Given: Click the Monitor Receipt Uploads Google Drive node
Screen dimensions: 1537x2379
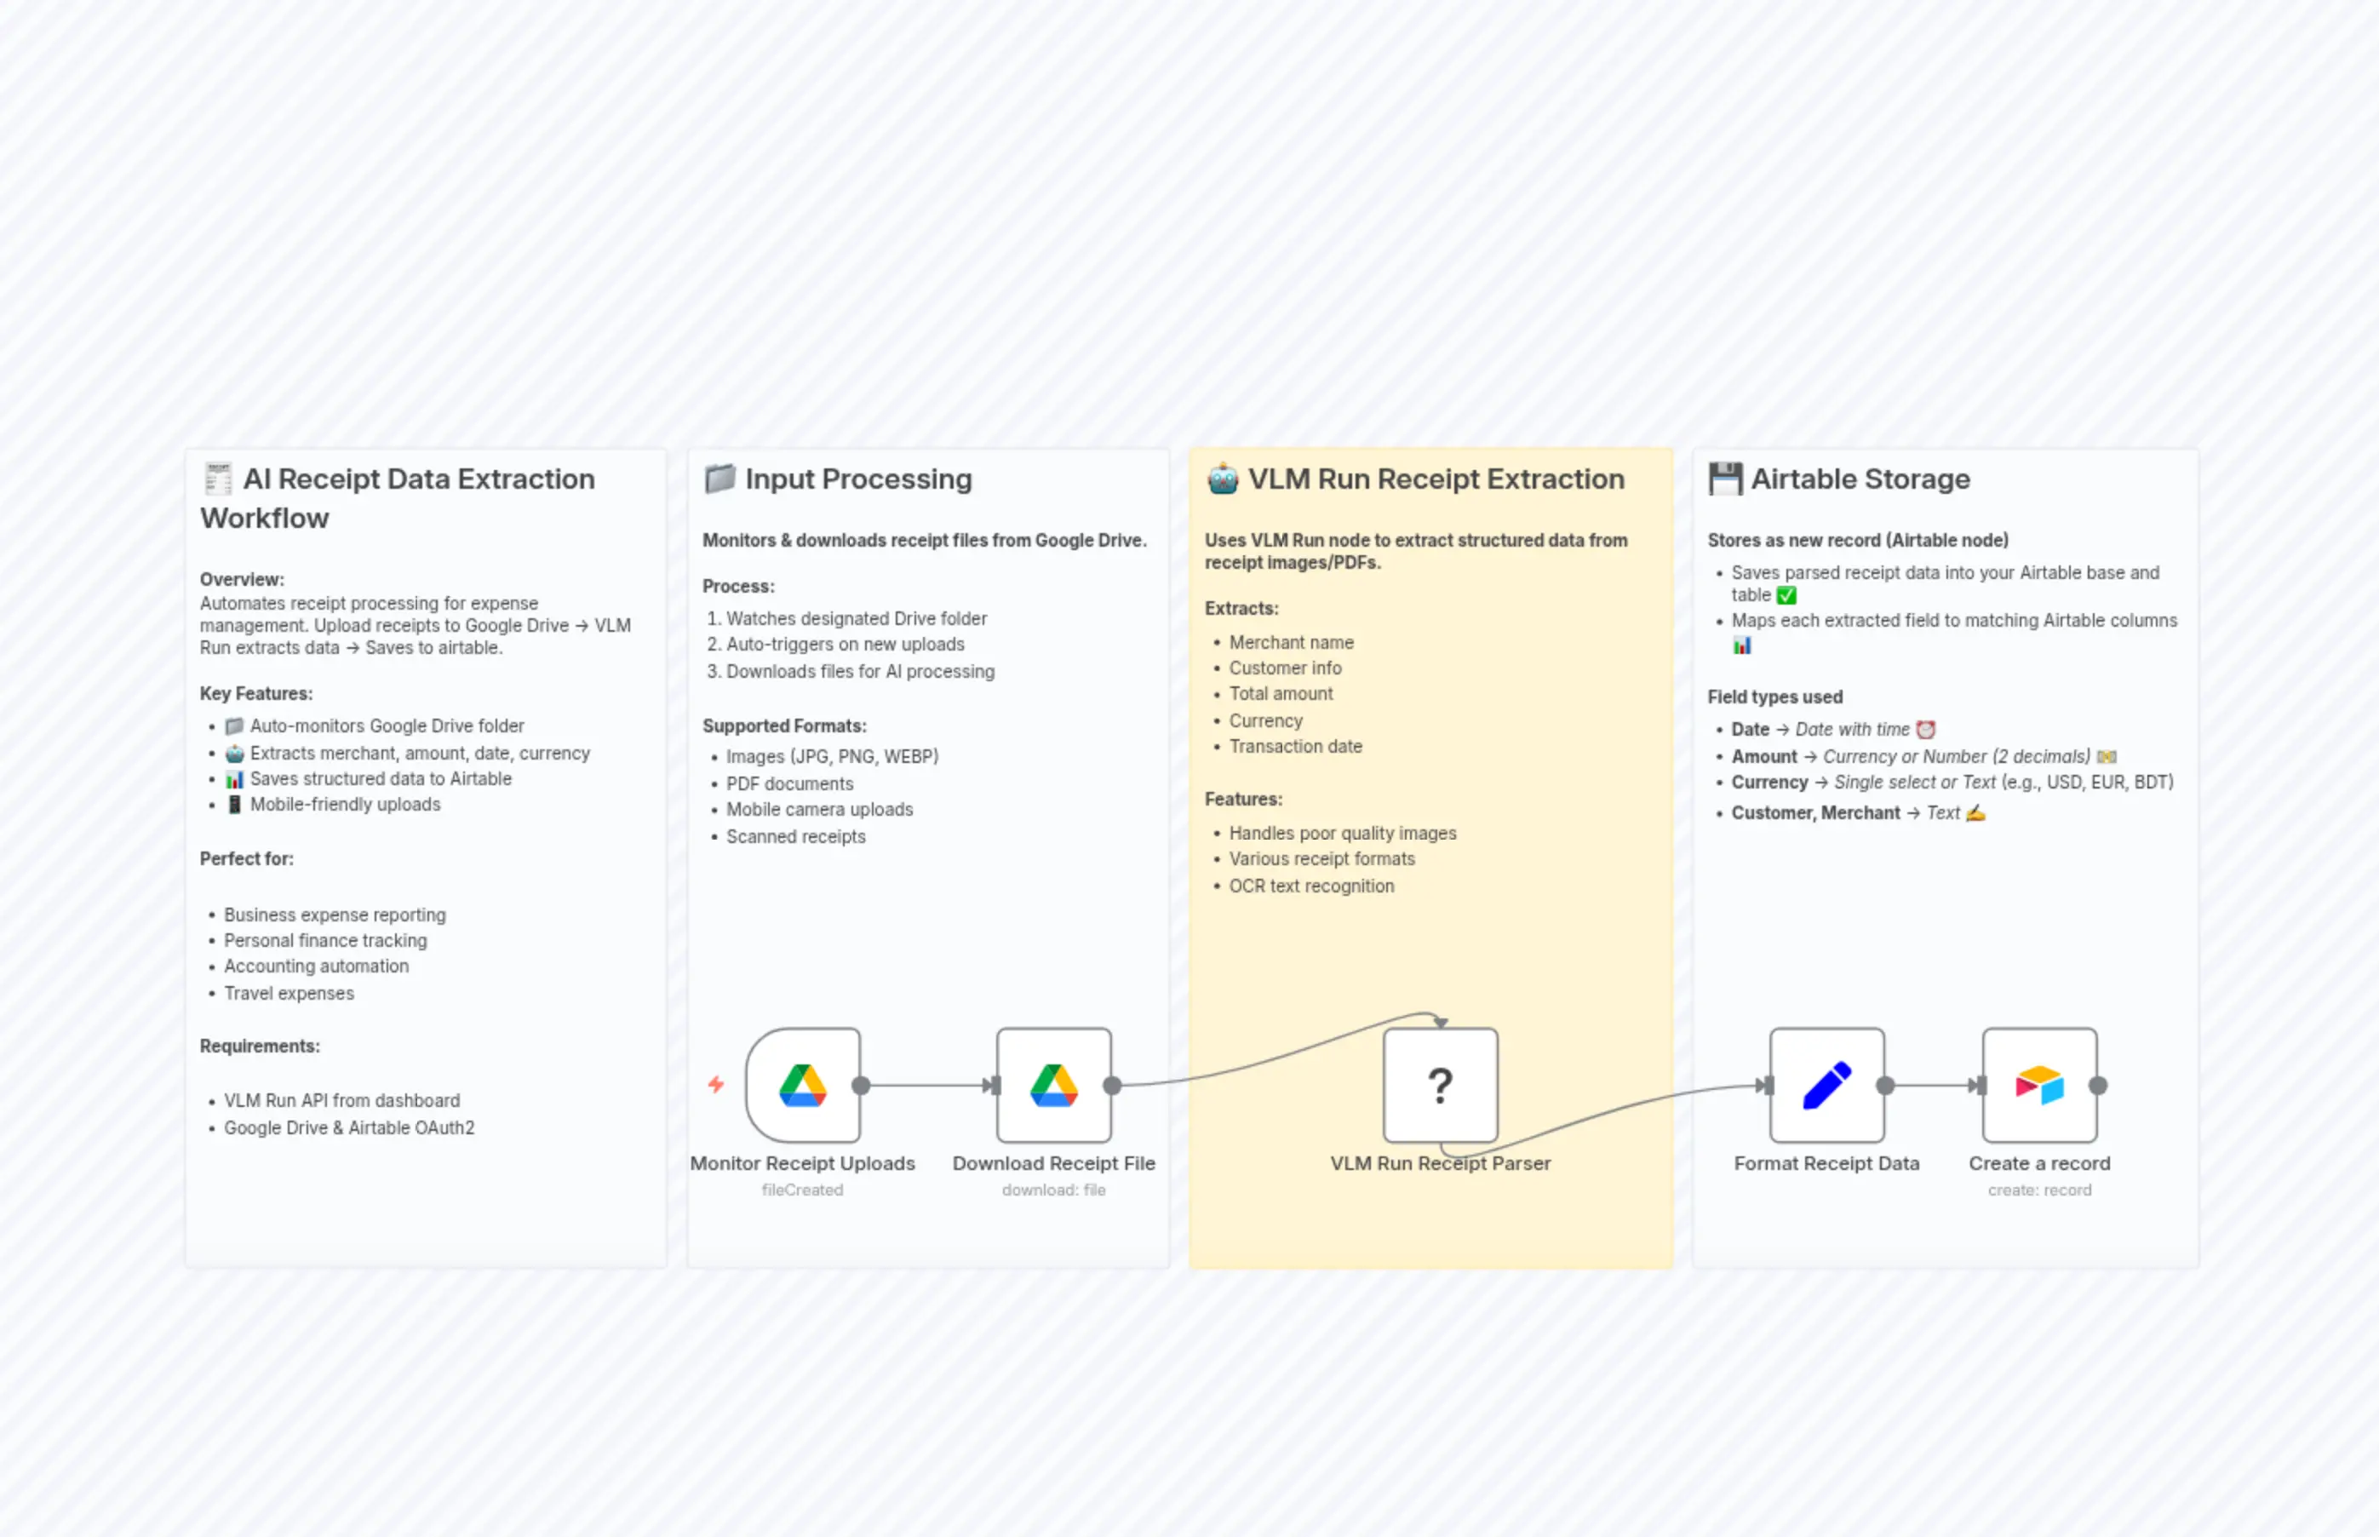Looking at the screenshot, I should tap(802, 1085).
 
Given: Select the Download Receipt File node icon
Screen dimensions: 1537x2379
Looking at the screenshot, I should tap(1054, 1085).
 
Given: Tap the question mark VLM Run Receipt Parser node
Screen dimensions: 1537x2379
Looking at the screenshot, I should tap(1440, 1085).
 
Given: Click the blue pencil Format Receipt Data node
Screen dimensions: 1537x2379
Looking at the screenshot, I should tap(1826, 1085).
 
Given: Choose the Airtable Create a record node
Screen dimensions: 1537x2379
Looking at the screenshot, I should tap(2038, 1085).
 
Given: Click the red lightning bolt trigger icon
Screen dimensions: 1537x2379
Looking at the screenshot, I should tap(715, 1084).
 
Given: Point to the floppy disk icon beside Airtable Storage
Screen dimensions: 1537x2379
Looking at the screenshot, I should tap(1724, 479).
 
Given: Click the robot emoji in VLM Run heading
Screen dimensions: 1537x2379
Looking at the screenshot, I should tap(1223, 479).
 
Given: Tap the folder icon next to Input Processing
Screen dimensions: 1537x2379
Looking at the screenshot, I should tap(719, 479).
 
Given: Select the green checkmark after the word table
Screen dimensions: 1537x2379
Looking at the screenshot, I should tap(1786, 596).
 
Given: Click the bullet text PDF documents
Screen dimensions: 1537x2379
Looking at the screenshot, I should tap(789, 783).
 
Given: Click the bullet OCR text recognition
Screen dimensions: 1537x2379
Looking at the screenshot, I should tap(1311, 886).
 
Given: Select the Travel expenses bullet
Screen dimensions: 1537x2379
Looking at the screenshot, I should tap(289, 993).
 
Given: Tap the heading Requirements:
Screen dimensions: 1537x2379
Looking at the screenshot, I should tap(260, 1046).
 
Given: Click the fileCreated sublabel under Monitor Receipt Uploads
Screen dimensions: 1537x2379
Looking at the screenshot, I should tap(802, 1190).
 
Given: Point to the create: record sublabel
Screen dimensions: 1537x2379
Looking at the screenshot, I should tap(2038, 1190).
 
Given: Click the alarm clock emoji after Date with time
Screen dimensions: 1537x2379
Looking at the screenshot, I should tap(1926, 730).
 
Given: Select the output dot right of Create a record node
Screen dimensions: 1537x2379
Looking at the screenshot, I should tap(2098, 1085).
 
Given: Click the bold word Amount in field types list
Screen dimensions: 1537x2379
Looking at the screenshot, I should tap(1763, 756).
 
